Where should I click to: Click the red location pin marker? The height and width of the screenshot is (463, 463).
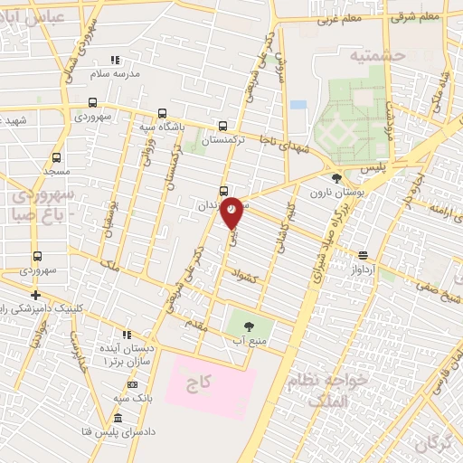[232, 210]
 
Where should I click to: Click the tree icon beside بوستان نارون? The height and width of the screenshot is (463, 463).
[336, 178]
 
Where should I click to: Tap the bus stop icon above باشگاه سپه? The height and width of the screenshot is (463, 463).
[162, 113]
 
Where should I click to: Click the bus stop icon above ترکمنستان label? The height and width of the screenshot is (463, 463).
[223, 127]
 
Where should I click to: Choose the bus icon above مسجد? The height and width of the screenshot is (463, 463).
[56, 157]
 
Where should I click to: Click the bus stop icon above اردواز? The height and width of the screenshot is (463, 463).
[363, 255]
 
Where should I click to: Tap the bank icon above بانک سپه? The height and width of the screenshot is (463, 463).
[133, 384]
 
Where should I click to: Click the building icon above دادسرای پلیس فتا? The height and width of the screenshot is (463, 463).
[118, 418]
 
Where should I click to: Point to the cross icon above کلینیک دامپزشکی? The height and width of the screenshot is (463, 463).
[35, 295]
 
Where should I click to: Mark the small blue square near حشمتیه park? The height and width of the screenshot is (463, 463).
[298, 105]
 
